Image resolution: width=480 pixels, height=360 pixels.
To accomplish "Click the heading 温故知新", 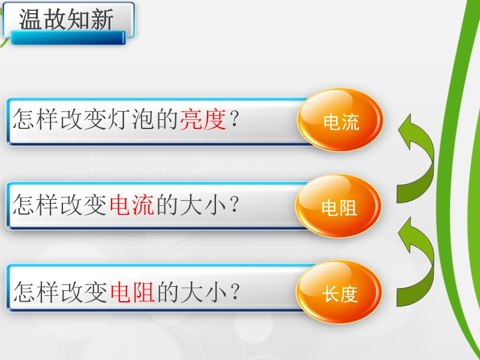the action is tap(67, 19).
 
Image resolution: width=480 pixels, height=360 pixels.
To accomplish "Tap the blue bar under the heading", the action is tap(68, 38).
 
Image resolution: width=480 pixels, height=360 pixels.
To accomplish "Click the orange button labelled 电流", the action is tap(340, 119).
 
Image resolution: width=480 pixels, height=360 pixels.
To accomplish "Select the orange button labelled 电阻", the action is tap(338, 206).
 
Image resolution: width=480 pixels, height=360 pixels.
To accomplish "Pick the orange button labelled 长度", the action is tap(339, 292).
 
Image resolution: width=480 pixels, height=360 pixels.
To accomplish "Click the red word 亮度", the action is tap(203, 119).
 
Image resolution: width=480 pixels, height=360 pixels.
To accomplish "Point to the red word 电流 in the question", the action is tap(131, 205).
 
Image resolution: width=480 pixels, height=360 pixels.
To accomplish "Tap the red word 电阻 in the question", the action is tap(132, 292).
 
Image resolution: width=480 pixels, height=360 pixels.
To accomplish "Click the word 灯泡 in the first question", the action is tap(143, 119).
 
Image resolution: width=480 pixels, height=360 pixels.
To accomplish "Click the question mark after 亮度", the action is tap(234, 119).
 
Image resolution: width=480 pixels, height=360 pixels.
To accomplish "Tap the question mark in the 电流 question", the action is tap(234, 205).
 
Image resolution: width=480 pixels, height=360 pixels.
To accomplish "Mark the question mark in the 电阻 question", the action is tap(235, 292).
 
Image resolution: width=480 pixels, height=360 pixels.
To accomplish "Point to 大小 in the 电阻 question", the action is tap(204, 292).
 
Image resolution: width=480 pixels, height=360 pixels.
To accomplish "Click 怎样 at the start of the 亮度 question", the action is tap(35, 119).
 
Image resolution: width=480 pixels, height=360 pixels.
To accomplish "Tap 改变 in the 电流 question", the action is tap(83, 205).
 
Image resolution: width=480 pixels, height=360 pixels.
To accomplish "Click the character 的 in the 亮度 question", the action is tap(167, 119).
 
